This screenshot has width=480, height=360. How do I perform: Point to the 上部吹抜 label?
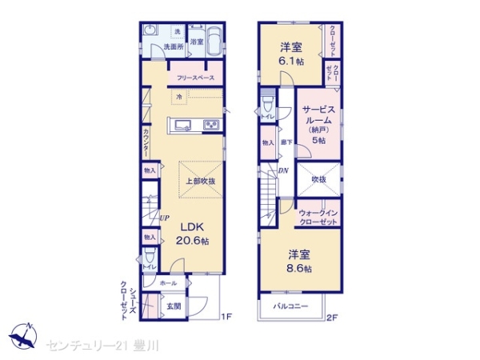click(x=200, y=180)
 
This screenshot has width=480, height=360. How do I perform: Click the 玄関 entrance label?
click(x=174, y=305)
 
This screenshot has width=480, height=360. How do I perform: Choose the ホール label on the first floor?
click(x=168, y=282)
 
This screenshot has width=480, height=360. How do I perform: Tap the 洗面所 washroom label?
click(x=174, y=47)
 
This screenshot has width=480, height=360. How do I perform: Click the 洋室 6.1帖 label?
click(x=290, y=54)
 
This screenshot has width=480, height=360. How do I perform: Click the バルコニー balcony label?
click(x=290, y=306)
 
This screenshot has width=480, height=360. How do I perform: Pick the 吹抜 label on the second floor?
click(x=318, y=179)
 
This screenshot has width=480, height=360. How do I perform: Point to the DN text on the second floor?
click(x=282, y=170)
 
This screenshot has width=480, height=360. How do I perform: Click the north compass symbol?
click(x=25, y=334)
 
